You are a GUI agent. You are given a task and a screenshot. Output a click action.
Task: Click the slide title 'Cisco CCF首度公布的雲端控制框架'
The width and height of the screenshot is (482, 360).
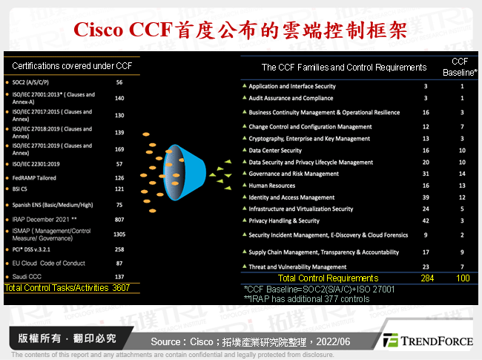241,29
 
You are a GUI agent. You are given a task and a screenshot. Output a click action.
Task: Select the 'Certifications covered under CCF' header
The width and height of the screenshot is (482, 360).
72,66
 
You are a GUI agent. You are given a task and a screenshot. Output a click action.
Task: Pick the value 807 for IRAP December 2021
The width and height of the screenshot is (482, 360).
119,220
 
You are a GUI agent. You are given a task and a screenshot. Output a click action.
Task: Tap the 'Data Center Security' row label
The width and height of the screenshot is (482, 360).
275,150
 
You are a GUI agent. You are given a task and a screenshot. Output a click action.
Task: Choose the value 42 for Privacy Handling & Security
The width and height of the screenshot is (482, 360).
426,220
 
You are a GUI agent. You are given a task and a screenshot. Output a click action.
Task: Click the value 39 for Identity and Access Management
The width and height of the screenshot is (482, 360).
426,197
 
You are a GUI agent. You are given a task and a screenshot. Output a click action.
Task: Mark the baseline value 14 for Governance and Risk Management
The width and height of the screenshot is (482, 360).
461,174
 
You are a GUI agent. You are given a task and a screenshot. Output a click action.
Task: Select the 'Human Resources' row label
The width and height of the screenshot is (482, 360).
271,186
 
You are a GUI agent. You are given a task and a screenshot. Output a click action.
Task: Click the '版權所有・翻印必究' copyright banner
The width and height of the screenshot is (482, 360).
67,338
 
